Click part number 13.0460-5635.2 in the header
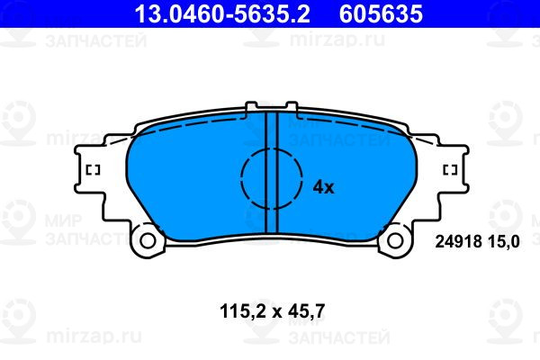pyautogui.click(x=222, y=13)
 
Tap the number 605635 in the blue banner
pyautogui.click(x=381, y=13)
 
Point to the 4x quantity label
pyautogui.click(x=323, y=187)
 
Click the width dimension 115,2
pyautogui.click(x=244, y=311)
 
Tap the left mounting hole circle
pyautogui.click(x=148, y=241)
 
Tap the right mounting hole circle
pyautogui.click(x=395, y=241)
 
